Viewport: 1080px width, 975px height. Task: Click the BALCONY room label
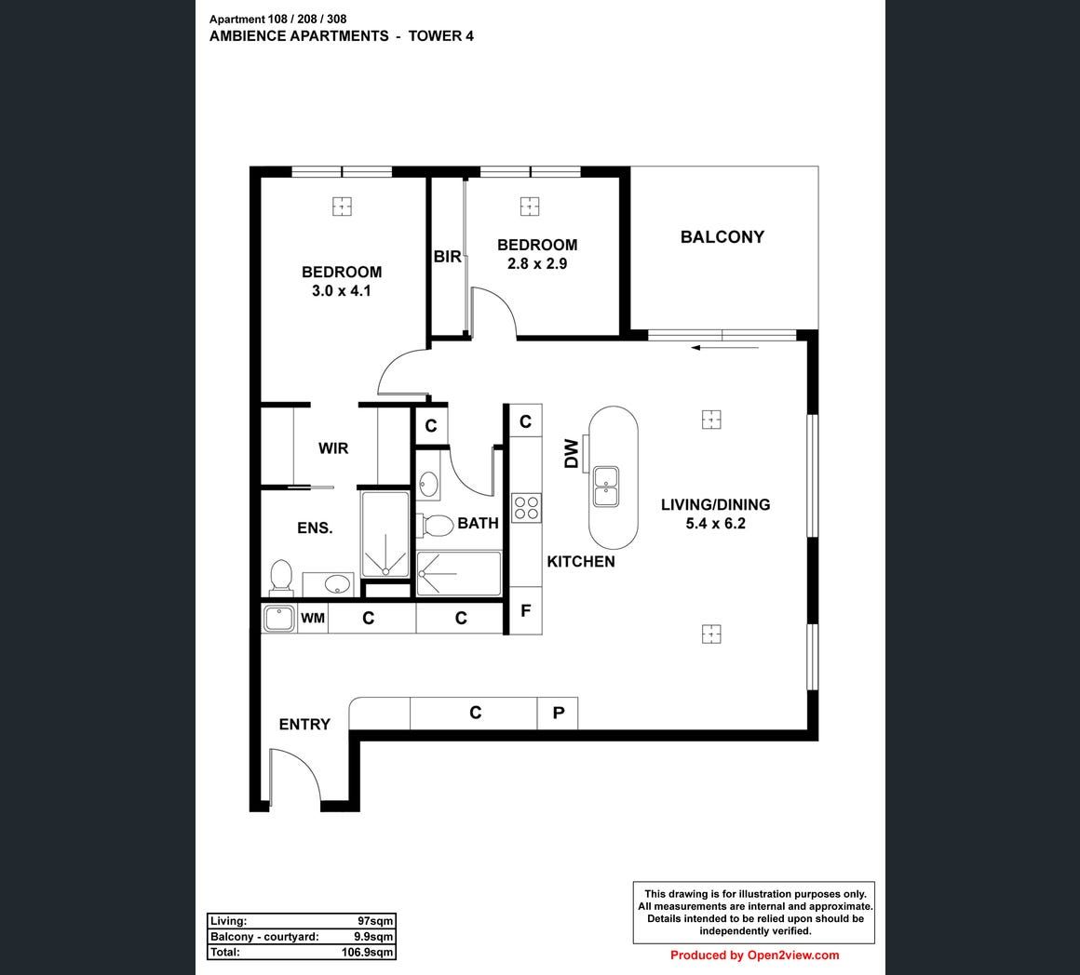(x=722, y=236)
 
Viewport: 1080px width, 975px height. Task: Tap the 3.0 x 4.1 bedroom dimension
(x=341, y=291)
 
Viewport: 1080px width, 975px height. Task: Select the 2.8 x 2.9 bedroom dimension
(x=537, y=263)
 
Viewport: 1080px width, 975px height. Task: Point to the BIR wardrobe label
(x=447, y=257)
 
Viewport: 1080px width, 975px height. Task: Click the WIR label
(x=333, y=448)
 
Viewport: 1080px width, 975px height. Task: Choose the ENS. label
(x=315, y=528)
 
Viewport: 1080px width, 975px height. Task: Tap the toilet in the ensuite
(x=281, y=576)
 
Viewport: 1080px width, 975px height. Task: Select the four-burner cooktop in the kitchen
(x=526, y=509)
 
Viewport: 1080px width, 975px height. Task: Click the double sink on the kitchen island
(x=606, y=486)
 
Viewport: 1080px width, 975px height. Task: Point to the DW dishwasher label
(x=572, y=453)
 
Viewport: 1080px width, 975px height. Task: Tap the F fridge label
(x=525, y=610)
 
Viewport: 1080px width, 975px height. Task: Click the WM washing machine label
(x=313, y=618)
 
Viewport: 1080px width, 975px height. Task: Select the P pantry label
(x=559, y=713)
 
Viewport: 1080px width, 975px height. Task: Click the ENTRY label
(x=304, y=724)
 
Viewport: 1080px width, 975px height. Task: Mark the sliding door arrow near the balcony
(x=725, y=348)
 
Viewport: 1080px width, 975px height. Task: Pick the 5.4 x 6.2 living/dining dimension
(x=716, y=524)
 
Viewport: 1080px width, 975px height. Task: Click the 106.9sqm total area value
(x=367, y=953)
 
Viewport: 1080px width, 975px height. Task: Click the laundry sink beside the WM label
(x=279, y=619)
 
